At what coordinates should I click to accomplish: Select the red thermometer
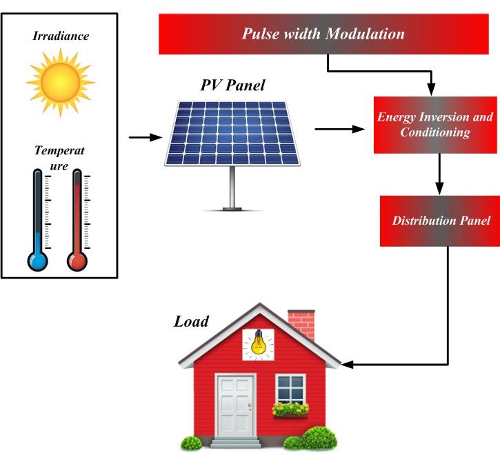(x=77, y=221)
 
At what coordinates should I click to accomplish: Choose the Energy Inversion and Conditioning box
(x=434, y=124)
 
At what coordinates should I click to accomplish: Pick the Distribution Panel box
(x=440, y=221)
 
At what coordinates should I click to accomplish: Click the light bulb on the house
(x=258, y=343)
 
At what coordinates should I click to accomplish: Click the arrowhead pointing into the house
(x=348, y=363)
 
